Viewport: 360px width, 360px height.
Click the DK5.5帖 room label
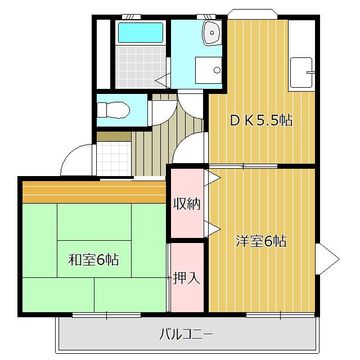pyautogui.click(x=261, y=120)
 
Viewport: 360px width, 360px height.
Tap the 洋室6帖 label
pyautogui.click(x=261, y=241)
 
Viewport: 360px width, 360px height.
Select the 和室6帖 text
pyautogui.click(x=93, y=260)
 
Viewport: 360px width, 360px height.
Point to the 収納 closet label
pyautogui.click(x=187, y=204)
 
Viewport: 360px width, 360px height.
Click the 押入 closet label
pyautogui.click(x=187, y=277)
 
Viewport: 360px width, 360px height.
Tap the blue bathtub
pyautogui.click(x=141, y=31)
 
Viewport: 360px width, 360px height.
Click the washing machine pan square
pyautogui.click(x=209, y=70)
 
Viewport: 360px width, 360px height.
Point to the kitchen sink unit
pyautogui.click(x=301, y=74)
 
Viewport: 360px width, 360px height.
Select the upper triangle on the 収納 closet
pyautogui.click(x=213, y=178)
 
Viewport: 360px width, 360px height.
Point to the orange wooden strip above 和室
pyautogui.click(x=94, y=192)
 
